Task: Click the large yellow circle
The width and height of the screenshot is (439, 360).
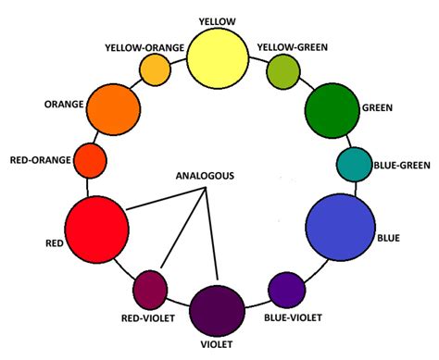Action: point(219,57)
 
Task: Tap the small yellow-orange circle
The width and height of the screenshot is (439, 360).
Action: point(154,68)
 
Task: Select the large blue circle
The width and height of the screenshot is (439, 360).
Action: point(340,228)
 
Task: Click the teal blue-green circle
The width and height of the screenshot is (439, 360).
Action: point(353,164)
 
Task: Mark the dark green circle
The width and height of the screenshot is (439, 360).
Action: point(332,110)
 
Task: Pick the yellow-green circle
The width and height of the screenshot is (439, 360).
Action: point(282,68)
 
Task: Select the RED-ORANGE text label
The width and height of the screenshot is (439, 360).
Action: point(40,160)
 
